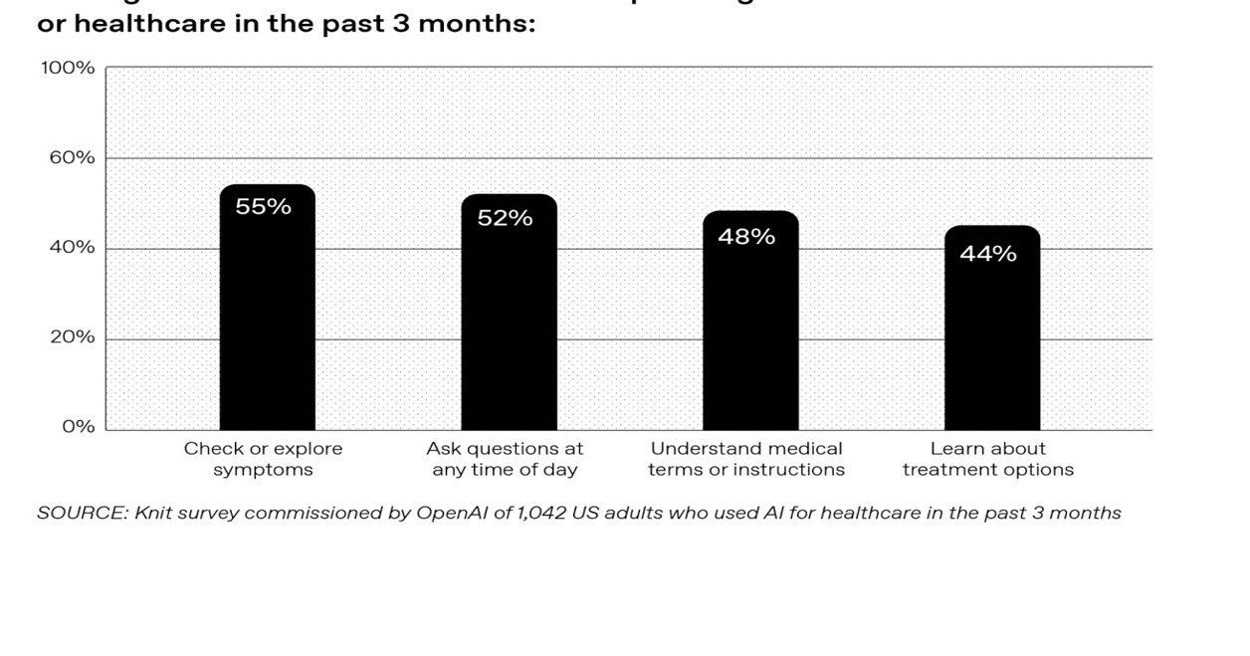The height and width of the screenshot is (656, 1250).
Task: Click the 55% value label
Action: tap(263, 207)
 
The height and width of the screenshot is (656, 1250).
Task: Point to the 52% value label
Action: tap(505, 218)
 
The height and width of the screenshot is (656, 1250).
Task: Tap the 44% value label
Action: tap(988, 254)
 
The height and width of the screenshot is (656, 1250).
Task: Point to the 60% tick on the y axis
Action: tap(71, 157)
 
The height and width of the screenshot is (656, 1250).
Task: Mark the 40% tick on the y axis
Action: tap(71, 248)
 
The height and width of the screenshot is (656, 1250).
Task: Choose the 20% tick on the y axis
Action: tap(71, 337)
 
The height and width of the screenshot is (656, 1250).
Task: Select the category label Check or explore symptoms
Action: tap(263, 459)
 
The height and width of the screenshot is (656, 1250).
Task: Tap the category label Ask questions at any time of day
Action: tap(505, 459)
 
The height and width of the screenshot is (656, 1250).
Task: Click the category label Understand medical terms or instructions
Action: tap(746, 459)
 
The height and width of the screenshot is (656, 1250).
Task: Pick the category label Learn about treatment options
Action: tap(988, 459)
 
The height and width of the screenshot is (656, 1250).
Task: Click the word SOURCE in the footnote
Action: tap(72, 514)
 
